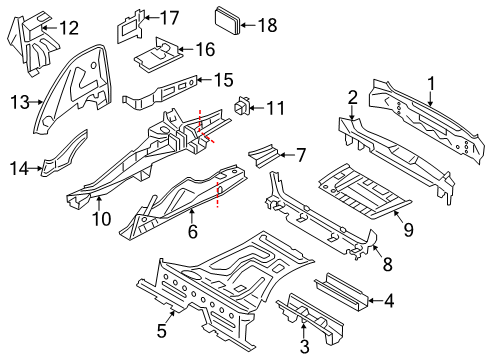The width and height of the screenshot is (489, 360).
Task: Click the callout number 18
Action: pyautogui.click(x=267, y=25)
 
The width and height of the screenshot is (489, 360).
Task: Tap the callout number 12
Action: pyautogui.click(x=69, y=28)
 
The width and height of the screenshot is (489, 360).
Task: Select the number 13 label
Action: pyautogui.click(x=20, y=102)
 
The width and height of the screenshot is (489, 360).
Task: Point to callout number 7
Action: pyautogui.click(x=301, y=155)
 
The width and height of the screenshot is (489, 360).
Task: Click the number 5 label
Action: pyautogui.click(x=162, y=331)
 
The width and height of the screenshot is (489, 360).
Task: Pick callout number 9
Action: pyautogui.click(x=408, y=230)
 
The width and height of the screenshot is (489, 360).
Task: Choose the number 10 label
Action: pyautogui.click(x=102, y=219)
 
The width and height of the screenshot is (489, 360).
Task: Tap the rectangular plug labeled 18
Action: pyautogui.click(x=228, y=20)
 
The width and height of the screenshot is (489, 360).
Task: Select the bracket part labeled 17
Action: pyautogui.click(x=130, y=27)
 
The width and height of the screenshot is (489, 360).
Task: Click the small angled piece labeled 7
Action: pyautogui.click(x=264, y=155)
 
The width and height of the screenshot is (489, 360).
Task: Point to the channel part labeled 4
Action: pyautogui.click(x=341, y=292)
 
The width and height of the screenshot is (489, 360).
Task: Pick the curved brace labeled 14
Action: pyautogui.click(x=64, y=154)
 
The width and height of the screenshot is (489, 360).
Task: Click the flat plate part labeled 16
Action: pyautogui.click(x=158, y=55)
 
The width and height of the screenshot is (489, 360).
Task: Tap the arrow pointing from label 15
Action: pyautogui.click(x=204, y=79)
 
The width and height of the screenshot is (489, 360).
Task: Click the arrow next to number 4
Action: pyautogui.click(x=374, y=300)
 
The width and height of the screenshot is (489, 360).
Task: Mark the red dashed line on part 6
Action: pyautogui.click(x=218, y=195)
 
